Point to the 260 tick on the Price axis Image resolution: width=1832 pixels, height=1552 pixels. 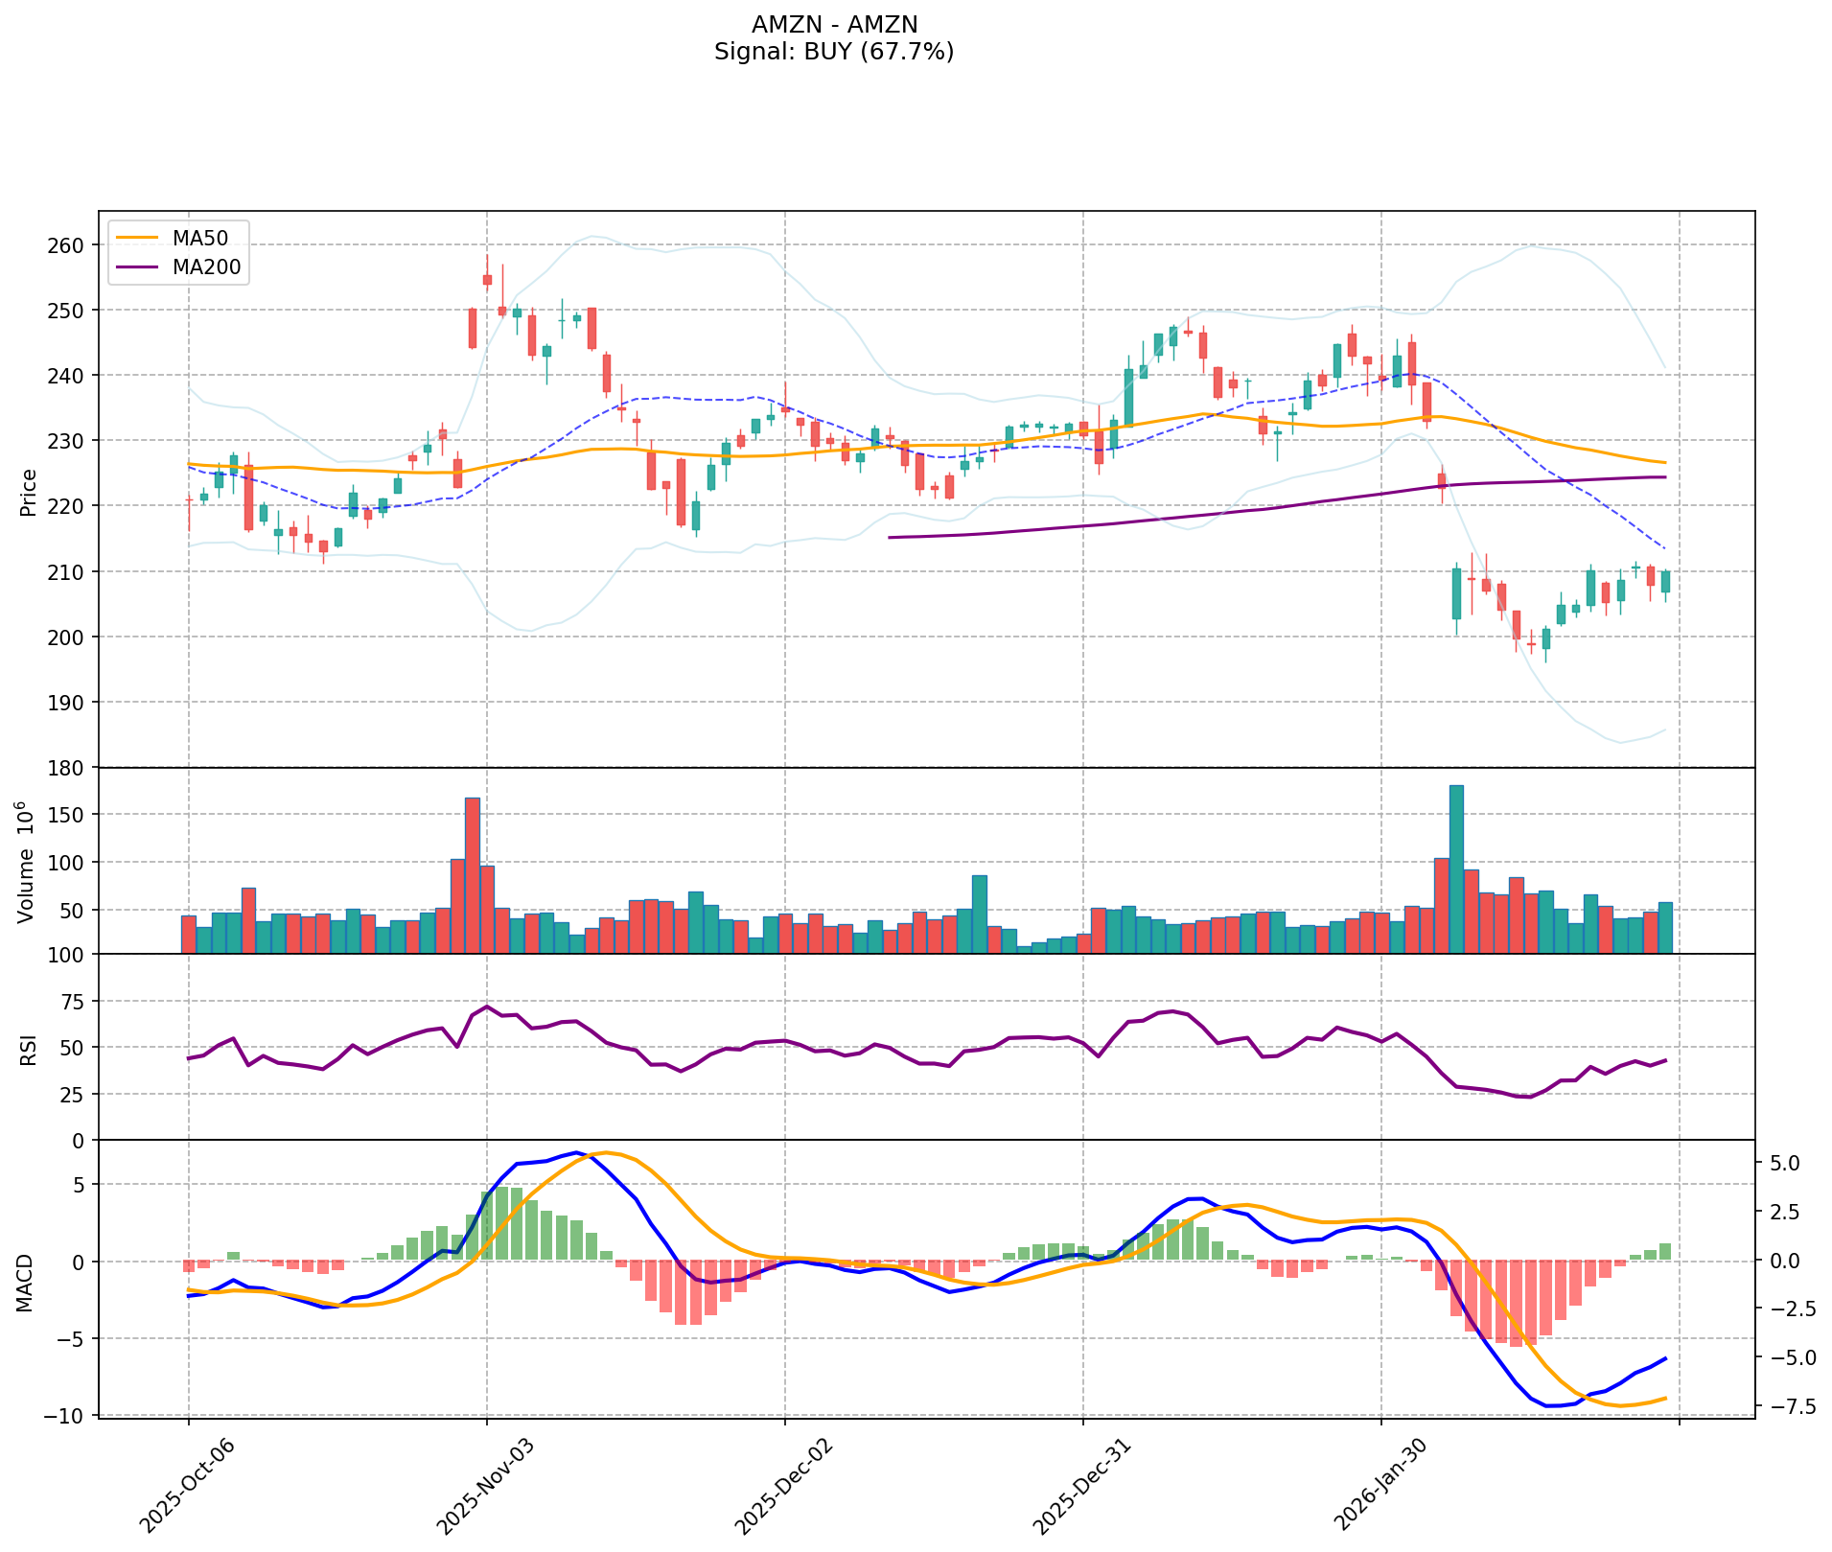73,245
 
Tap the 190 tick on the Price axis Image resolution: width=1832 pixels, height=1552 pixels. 73,703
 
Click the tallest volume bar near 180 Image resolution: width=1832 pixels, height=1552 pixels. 1456,868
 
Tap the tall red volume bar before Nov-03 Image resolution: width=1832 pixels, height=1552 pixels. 472,874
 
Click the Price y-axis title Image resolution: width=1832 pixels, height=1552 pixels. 29,492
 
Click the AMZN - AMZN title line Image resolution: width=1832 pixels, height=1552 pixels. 834,25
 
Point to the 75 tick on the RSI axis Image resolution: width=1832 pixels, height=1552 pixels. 73,1002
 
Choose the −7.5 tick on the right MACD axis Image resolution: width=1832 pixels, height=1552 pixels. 1785,1406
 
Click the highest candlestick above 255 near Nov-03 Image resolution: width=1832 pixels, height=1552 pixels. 487,278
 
